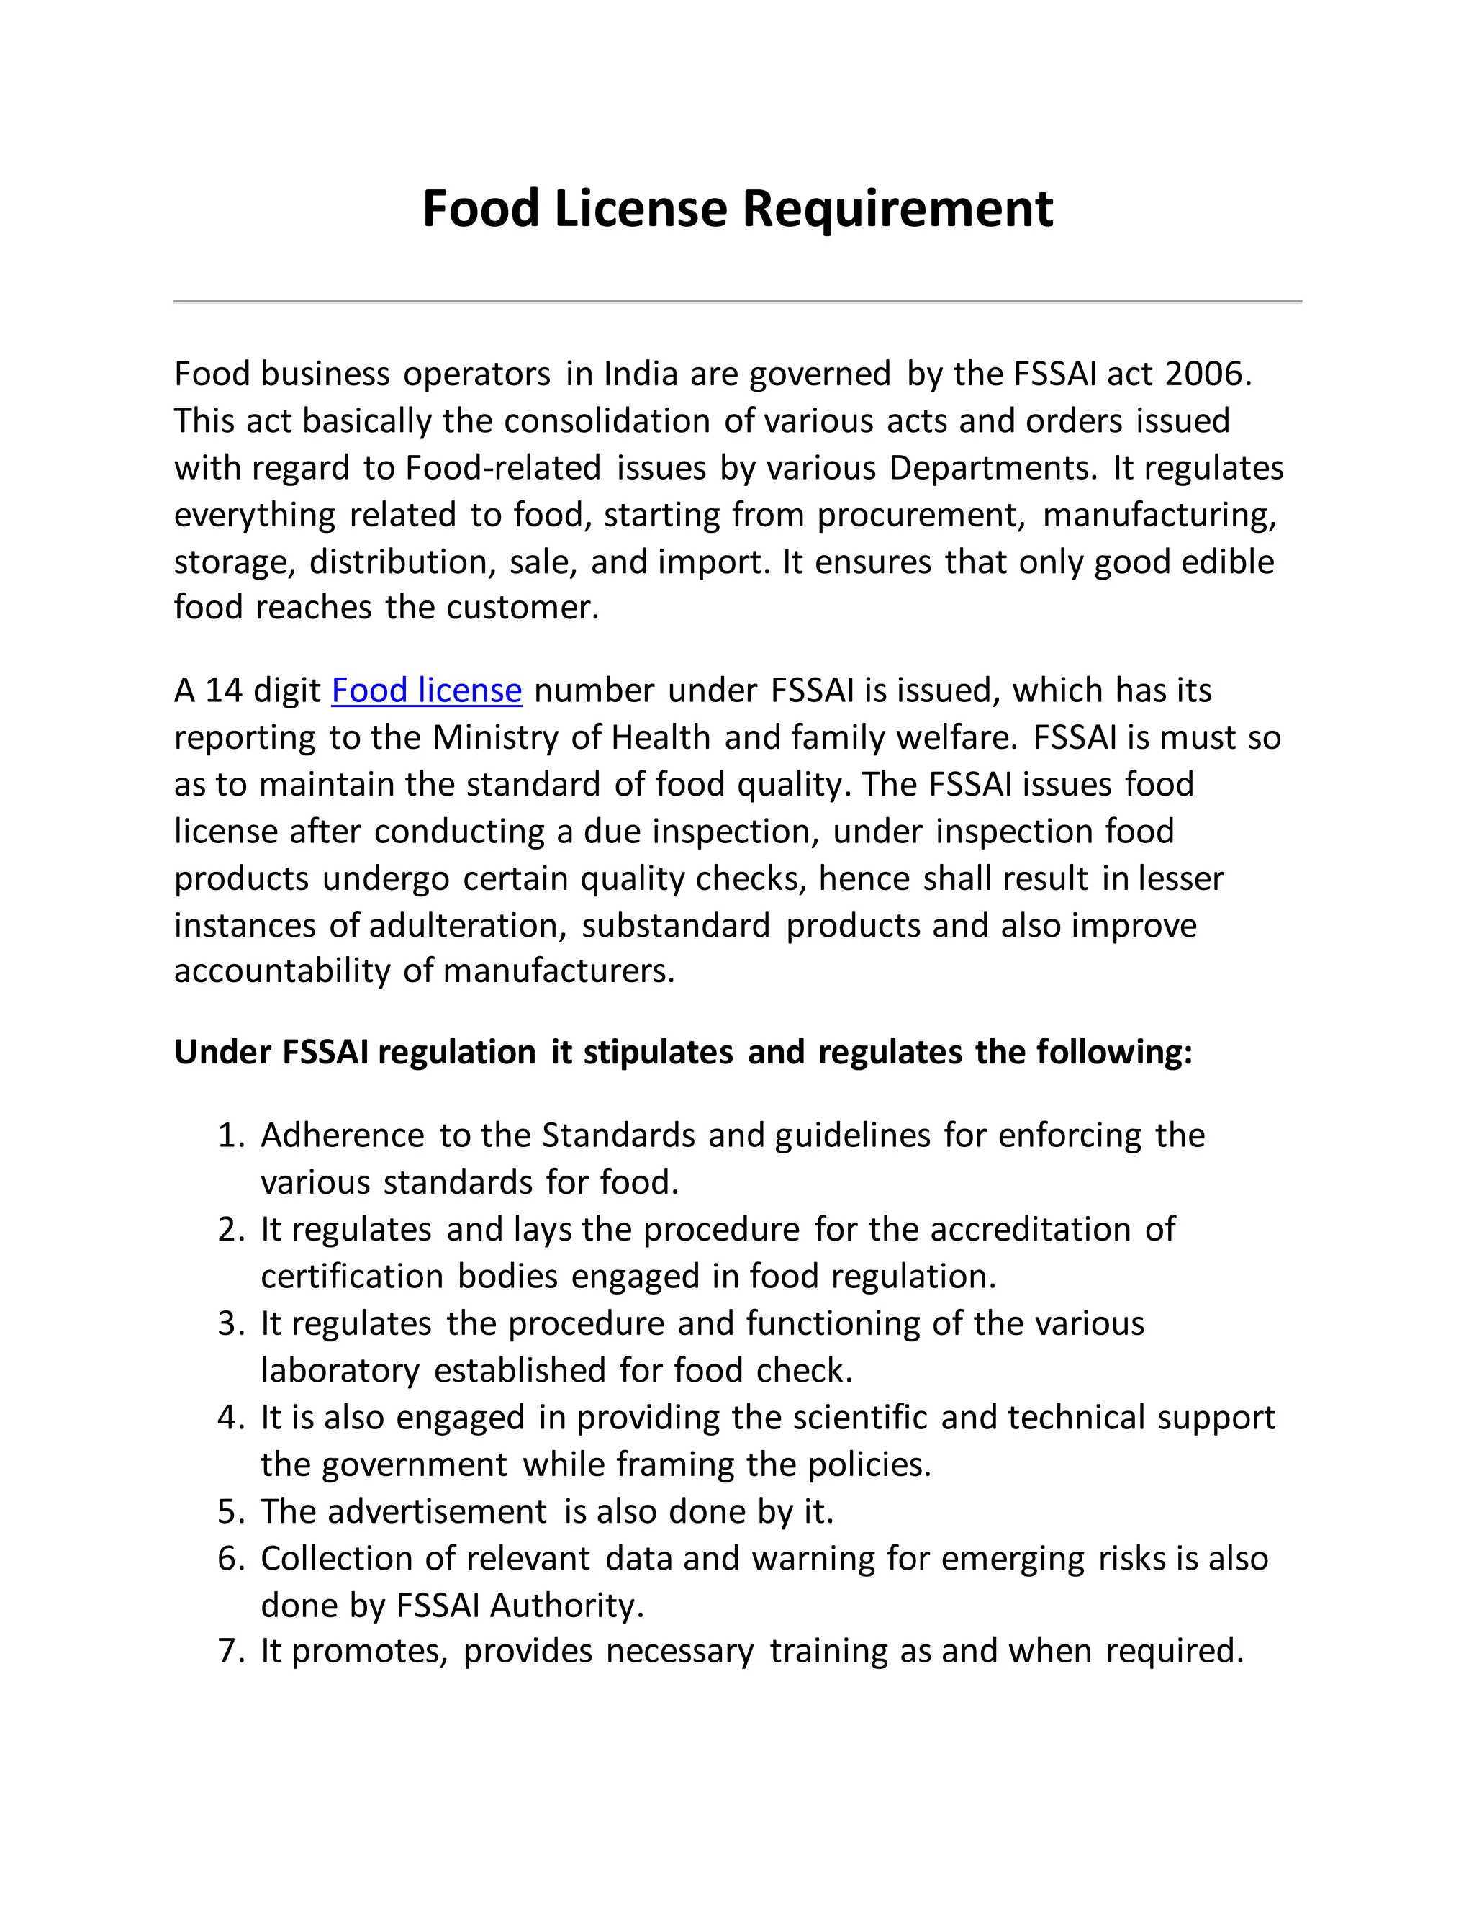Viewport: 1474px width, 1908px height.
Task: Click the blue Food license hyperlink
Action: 426,691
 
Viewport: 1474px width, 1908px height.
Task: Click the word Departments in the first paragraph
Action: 992,468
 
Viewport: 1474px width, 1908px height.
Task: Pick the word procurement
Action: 921,516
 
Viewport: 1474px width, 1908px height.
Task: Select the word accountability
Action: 282,971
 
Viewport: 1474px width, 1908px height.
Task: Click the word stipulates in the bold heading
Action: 658,1053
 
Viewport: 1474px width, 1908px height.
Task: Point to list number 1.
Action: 232,1135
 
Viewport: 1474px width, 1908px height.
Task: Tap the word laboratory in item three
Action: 340,1371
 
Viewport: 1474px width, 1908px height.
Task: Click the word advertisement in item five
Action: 438,1512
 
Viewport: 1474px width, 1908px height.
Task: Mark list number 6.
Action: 232,1560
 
